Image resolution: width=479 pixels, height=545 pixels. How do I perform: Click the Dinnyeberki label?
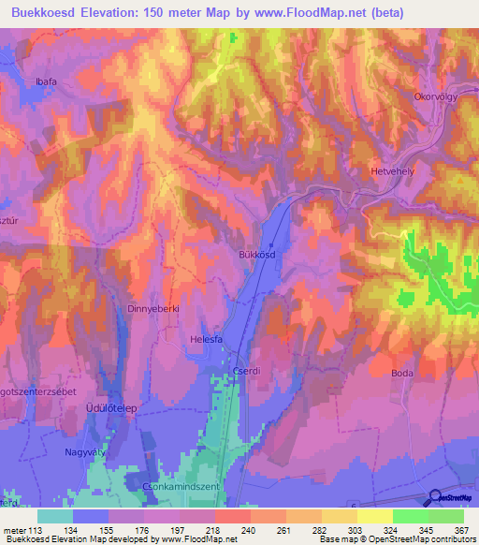(152, 307)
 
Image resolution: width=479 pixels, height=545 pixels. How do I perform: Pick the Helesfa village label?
(206, 340)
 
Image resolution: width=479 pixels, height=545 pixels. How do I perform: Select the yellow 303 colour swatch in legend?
(339, 516)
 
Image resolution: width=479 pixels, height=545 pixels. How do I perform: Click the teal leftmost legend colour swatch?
(55, 516)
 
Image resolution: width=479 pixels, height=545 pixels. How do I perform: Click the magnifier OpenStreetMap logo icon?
(434, 498)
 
